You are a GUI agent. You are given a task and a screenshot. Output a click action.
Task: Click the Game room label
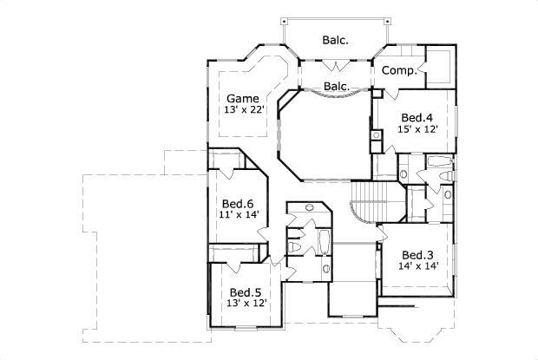(239, 98)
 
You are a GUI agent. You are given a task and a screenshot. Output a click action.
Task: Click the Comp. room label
(398, 70)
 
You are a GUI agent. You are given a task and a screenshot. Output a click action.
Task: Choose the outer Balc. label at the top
(336, 40)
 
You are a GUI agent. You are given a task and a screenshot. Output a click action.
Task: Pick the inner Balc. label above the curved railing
(336, 86)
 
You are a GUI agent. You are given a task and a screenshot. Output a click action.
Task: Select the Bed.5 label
(246, 292)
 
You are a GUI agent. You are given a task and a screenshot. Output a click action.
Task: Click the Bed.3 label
(417, 254)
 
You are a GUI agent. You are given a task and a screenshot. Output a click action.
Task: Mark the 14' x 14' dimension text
(417, 267)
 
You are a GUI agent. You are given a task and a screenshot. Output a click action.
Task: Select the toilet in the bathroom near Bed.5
(294, 249)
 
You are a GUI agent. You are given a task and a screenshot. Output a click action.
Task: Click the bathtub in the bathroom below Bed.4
(438, 161)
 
